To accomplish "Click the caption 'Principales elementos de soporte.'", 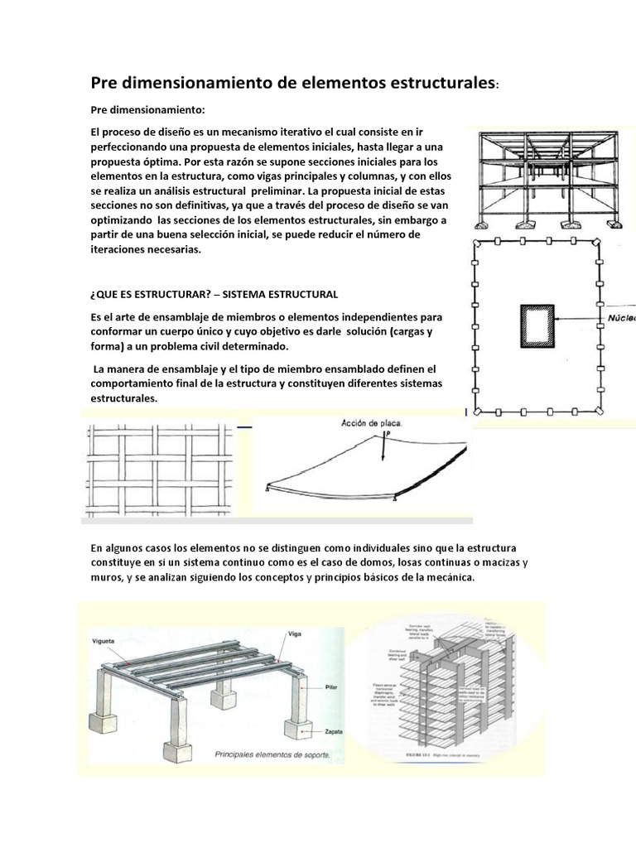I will (x=272, y=755).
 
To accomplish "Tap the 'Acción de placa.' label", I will (x=372, y=423).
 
